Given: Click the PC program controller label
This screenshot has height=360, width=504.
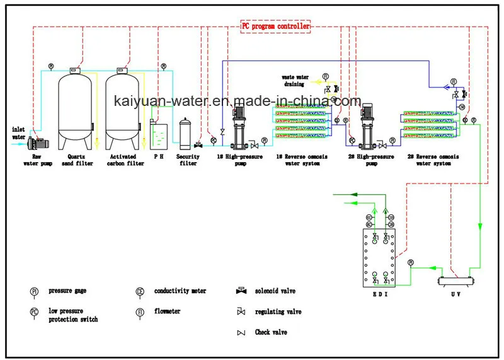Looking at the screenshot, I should click(276, 26).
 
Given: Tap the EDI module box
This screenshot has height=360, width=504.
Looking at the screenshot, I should click(379, 258).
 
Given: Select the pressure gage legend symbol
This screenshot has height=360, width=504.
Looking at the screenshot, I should click(34, 292).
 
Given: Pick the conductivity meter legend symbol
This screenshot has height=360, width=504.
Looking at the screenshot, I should click(140, 292).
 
